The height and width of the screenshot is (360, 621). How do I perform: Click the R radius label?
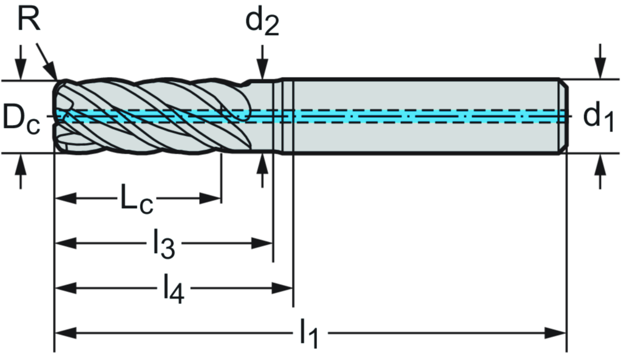pyautogui.click(x=28, y=19)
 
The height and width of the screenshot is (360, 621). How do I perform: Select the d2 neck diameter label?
pyautogui.click(x=262, y=22)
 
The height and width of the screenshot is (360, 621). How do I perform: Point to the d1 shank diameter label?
pyautogui.click(x=599, y=116)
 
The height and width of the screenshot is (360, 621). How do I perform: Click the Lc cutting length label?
pyautogui.click(x=137, y=199)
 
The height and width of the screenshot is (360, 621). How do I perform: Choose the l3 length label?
pyautogui.click(x=163, y=244)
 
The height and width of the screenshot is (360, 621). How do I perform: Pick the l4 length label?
pyautogui.click(x=174, y=289)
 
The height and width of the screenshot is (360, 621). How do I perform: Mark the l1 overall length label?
pyautogui.click(x=310, y=333)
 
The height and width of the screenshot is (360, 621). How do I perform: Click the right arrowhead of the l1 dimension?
pyautogui.click(x=556, y=333)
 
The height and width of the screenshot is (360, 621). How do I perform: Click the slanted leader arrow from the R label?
pyautogui.click(x=47, y=61)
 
